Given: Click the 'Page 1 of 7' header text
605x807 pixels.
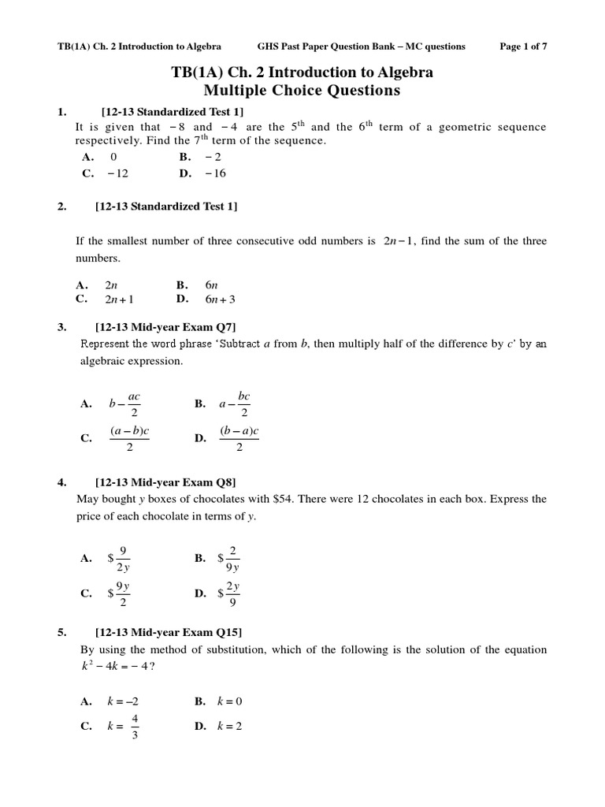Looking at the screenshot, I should pyautogui.click(x=523, y=46).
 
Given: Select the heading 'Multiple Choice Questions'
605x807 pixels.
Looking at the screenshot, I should pyautogui.click(x=302, y=91).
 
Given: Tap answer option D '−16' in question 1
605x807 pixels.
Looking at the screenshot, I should pyautogui.click(x=215, y=173).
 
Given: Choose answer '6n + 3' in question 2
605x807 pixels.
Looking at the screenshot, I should pyautogui.click(x=220, y=299).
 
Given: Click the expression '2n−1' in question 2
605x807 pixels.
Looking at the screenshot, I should pyautogui.click(x=399, y=241).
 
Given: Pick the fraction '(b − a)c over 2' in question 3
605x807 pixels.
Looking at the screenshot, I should pyautogui.click(x=239, y=438).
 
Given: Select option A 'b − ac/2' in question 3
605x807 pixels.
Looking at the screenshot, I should pyautogui.click(x=124, y=403).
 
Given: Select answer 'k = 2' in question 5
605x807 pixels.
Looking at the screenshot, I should pyautogui.click(x=229, y=726).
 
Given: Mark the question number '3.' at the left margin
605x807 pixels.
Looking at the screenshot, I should pyautogui.click(x=62, y=326).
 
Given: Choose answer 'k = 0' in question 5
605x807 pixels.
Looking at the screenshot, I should pyautogui.click(x=229, y=701).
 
